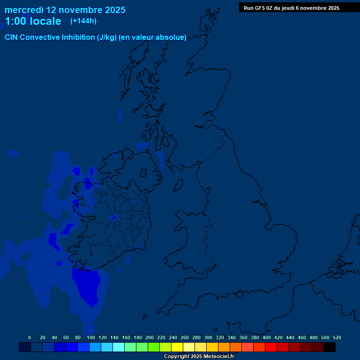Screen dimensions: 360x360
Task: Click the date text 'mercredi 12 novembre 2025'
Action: pos(65,9)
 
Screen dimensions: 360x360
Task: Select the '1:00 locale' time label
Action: pos(33,21)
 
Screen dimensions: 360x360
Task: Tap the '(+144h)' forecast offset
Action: pos(83,21)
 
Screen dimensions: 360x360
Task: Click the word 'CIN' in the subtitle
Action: pos(13,37)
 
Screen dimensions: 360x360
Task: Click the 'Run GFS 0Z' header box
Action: pos(292,7)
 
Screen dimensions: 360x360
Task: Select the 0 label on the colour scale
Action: pos(30,337)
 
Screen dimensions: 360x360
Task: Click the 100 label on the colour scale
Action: pos(91,337)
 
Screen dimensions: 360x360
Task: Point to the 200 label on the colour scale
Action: pos(150,337)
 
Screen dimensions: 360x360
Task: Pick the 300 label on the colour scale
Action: pos(208,337)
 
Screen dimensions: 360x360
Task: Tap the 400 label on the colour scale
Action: pos(267,337)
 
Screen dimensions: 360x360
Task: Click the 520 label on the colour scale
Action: pos(337,337)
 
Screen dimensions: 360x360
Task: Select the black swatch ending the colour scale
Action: pos(330,347)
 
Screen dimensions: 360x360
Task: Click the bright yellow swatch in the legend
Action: pos(177,347)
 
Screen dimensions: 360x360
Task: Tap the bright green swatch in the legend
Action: pos(153,347)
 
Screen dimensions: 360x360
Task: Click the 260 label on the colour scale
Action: pos(185,337)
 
